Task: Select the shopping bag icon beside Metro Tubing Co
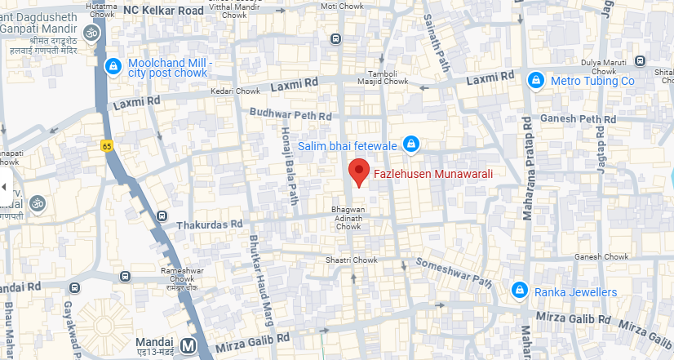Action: pos(536,81)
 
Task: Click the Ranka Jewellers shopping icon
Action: pos(518,291)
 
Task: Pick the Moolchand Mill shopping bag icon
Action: pos(113,65)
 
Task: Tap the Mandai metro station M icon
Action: pos(189,345)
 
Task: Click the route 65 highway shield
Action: pos(107,145)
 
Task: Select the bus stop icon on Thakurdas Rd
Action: pos(162,216)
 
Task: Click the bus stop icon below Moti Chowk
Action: pos(336,38)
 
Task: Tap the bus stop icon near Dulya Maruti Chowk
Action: pos(640,61)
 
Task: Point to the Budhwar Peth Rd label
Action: pos(291,115)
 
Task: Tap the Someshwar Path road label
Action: pos(455,273)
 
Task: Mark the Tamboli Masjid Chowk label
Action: pos(382,77)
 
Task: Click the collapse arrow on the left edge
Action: pos(4,187)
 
